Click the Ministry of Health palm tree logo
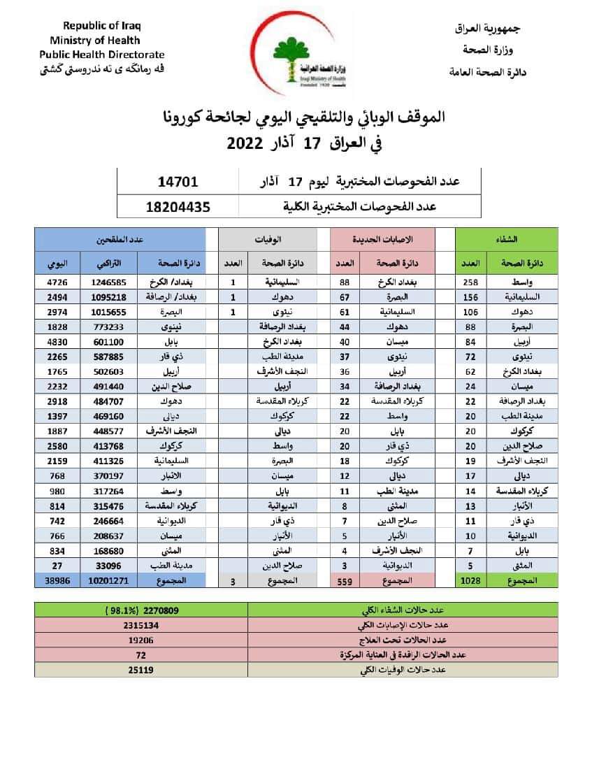(303, 61)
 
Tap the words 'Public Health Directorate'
(102, 54)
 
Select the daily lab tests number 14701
(179, 182)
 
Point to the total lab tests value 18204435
(178, 206)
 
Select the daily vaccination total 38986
(58, 580)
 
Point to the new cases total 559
(345, 580)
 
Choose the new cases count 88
(345, 282)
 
